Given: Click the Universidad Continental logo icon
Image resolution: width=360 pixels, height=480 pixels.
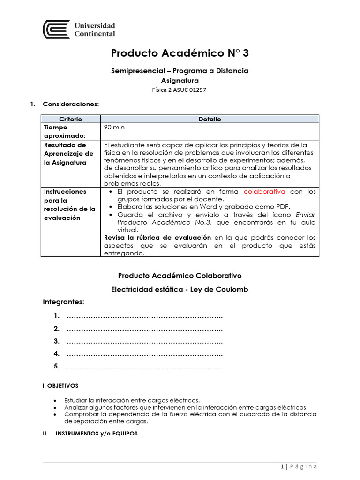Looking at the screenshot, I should (56, 30).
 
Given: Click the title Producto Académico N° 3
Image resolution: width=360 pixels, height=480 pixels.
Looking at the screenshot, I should (180, 53).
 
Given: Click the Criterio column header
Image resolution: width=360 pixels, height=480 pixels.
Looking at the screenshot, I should (70, 119).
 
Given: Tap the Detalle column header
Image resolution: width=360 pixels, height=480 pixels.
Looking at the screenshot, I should (210, 119).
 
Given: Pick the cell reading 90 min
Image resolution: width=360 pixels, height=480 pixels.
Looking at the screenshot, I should (114, 127).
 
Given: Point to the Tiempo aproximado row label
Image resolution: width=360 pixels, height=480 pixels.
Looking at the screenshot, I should (62, 131).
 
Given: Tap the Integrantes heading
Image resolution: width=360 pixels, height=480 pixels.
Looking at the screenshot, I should (63, 301).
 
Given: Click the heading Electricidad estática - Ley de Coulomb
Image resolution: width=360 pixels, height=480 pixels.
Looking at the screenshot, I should (180, 290).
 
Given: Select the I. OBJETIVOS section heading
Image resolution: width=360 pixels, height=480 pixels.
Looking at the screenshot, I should (60, 386).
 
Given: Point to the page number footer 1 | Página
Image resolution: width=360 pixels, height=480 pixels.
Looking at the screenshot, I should (299, 466).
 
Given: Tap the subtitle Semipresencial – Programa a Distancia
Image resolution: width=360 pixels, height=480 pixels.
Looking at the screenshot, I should (180, 71).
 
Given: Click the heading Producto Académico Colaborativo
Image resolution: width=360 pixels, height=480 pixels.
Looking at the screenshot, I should (180, 276).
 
